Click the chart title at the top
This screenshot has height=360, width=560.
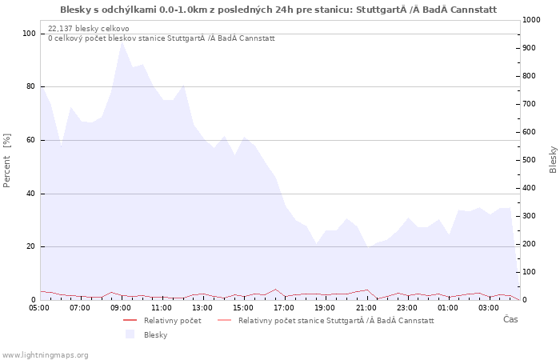tap(278, 10)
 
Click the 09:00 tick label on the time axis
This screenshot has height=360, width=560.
tap(121, 308)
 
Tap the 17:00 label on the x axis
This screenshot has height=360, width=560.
tap(284, 308)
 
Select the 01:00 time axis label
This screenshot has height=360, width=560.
tap(448, 308)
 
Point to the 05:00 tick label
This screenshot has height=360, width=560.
tap(39, 308)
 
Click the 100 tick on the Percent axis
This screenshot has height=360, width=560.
tap(30, 34)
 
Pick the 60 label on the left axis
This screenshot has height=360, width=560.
tap(31, 140)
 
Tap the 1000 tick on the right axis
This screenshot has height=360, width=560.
tap(531, 20)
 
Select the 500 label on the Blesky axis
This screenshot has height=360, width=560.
tap(530, 160)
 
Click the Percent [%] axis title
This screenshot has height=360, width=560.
tap(6, 160)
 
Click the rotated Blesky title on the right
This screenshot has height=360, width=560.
tap(553, 160)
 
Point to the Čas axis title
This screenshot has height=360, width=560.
tap(510, 319)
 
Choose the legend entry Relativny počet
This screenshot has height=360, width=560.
tap(173, 321)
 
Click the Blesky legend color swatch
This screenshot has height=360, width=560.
tap(130, 334)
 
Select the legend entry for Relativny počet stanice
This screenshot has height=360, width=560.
tap(336, 321)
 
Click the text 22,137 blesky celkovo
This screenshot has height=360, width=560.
tap(89, 29)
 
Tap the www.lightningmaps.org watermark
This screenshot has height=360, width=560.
tap(45, 355)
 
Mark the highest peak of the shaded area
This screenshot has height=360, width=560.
tap(122, 42)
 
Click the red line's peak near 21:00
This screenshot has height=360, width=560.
tap(366, 290)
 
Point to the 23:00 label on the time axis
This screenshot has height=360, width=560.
tap(407, 308)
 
